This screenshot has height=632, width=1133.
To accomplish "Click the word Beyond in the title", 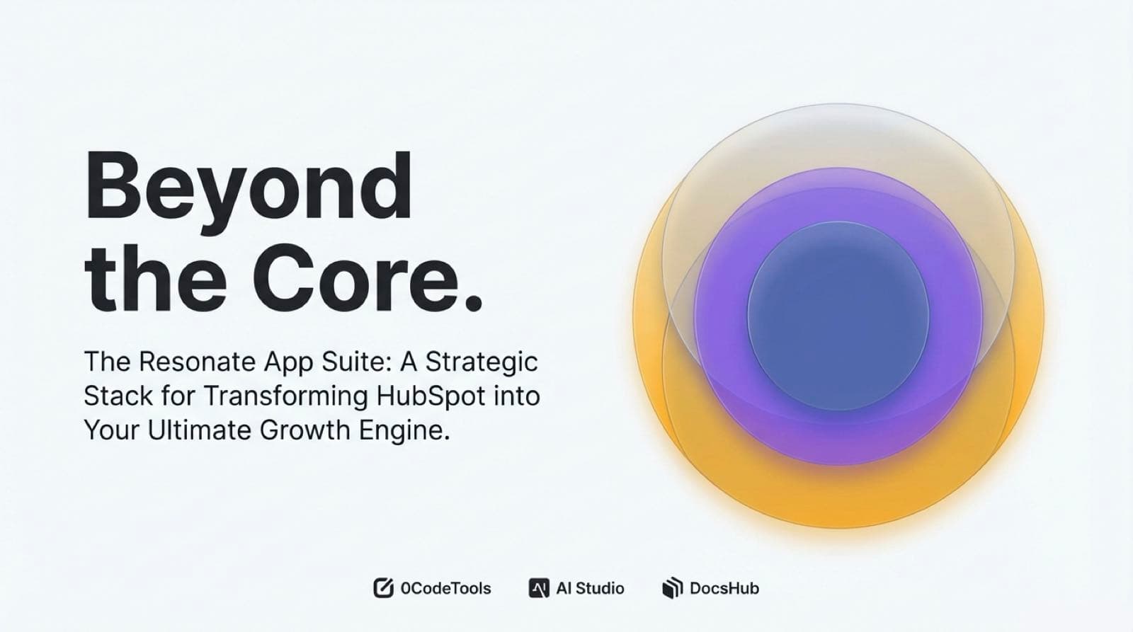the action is pos(249,192).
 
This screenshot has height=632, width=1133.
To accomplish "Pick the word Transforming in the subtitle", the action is pos(286,397).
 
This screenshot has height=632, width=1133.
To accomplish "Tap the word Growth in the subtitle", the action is pos(304,430).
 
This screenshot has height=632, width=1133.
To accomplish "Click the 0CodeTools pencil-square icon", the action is pos(383,588).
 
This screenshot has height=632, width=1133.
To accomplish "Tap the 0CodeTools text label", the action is pos(445,589).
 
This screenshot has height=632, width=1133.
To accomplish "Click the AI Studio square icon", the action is pos(539,588).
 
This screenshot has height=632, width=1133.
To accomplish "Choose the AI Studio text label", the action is pos(591,589).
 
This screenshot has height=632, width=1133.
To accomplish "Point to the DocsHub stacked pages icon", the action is pos(673,588).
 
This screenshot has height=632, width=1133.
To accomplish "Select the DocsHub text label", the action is pos(724,589).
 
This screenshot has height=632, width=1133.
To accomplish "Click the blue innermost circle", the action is pos(838,316).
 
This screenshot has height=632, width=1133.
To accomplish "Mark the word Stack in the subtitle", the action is pos(118,396).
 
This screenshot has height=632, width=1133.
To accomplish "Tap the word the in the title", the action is pos(155,278).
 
